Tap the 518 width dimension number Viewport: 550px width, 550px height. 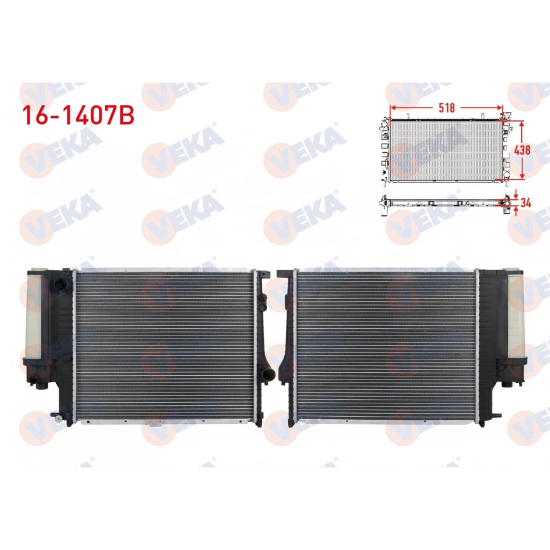[x=447, y=108]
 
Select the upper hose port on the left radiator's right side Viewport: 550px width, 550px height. [x=262, y=300]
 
